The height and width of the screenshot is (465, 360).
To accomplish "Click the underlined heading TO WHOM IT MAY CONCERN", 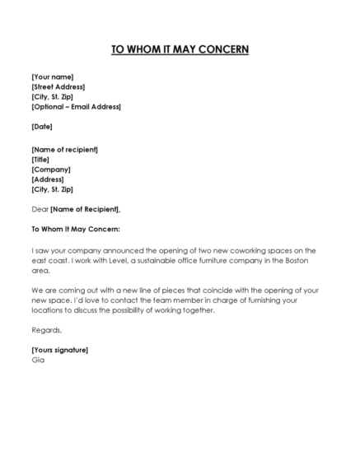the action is click(180, 49).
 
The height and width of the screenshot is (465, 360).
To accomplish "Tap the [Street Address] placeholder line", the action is click(58, 86).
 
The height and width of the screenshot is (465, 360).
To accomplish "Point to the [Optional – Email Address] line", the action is click(76, 106).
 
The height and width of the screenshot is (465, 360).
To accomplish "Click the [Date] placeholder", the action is click(42, 127).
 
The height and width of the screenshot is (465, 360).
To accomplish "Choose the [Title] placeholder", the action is click(41, 160).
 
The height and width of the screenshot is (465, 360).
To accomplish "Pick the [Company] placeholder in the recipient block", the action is click(51, 170).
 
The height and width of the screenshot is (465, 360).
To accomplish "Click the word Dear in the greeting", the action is click(40, 209).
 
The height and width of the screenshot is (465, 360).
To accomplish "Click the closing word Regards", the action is click(47, 330).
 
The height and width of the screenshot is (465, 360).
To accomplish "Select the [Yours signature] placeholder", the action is click(60, 350).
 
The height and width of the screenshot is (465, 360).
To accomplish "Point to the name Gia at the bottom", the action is click(38, 360).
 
